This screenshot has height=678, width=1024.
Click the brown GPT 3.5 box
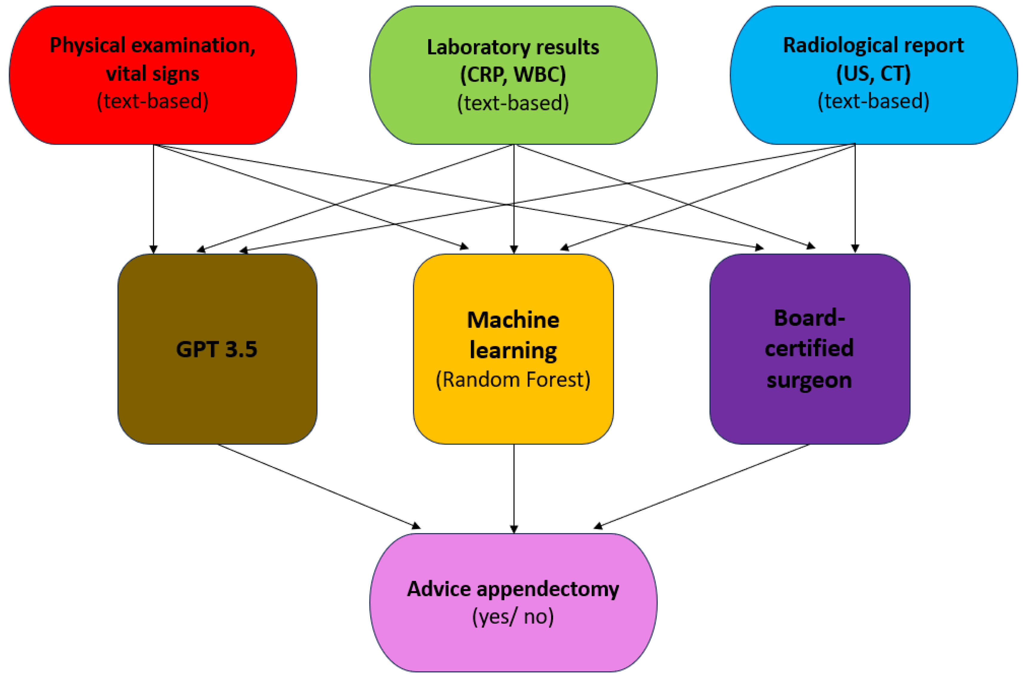217,389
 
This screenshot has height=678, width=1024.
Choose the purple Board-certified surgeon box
809,415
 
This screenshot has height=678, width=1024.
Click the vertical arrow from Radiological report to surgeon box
855,199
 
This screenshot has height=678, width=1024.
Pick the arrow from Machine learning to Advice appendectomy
514,489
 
